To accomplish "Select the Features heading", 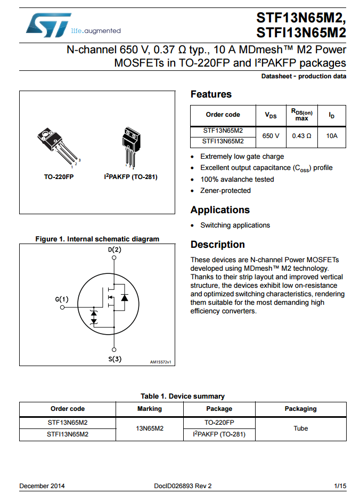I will tap(211, 94).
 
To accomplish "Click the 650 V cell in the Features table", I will tap(271, 136).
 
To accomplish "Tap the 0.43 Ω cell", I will tap(301, 136).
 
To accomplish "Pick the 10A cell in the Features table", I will tap(332, 136).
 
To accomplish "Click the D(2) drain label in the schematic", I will tap(114, 249).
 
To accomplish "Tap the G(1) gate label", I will tap(62, 299).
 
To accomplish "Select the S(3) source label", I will tap(114, 359).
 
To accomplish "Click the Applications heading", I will tap(220, 210).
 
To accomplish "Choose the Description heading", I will tap(217, 245).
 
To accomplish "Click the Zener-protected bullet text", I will tap(225, 191).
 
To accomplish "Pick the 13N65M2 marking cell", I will tap(149, 428).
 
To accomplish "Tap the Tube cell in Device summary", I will tap(300, 428).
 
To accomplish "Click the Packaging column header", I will tap(300, 409).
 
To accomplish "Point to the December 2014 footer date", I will tap(42, 486).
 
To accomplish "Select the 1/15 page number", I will tap(340, 486).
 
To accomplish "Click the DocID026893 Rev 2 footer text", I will tap(183, 486).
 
